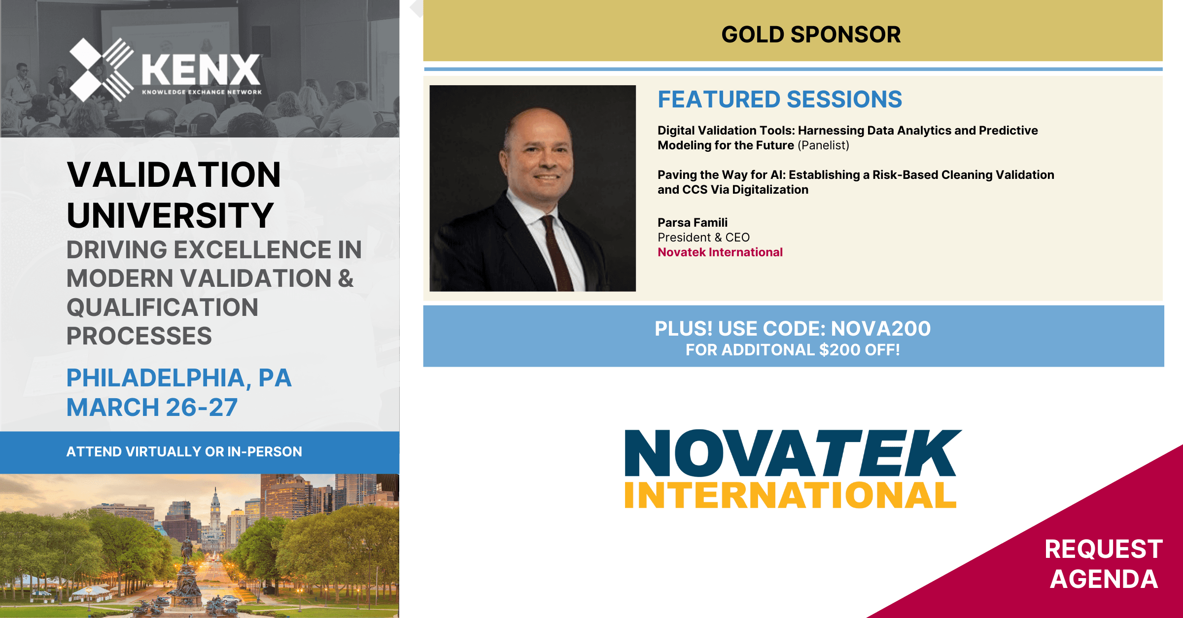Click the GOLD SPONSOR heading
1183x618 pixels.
(x=811, y=34)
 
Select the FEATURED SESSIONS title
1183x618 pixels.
(x=780, y=99)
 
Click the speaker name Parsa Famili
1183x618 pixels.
(x=693, y=222)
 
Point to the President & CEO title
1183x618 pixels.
(x=703, y=238)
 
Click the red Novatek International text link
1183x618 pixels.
(x=720, y=252)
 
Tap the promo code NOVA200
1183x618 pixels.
(x=881, y=329)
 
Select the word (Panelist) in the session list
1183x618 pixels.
(x=823, y=145)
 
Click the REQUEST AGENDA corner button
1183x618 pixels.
(x=1104, y=564)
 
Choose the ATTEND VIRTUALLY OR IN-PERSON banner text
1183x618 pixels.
(x=184, y=451)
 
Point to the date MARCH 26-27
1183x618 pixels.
(x=152, y=408)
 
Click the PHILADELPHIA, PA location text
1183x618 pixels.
(x=179, y=378)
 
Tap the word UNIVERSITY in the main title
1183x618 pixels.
(x=170, y=216)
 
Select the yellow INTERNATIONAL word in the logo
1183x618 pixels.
(x=790, y=495)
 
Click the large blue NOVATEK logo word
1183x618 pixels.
(x=793, y=452)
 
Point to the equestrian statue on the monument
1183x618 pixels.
(x=187, y=549)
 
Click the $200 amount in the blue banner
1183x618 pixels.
(x=839, y=350)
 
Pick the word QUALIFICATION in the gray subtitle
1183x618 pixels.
(x=162, y=307)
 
